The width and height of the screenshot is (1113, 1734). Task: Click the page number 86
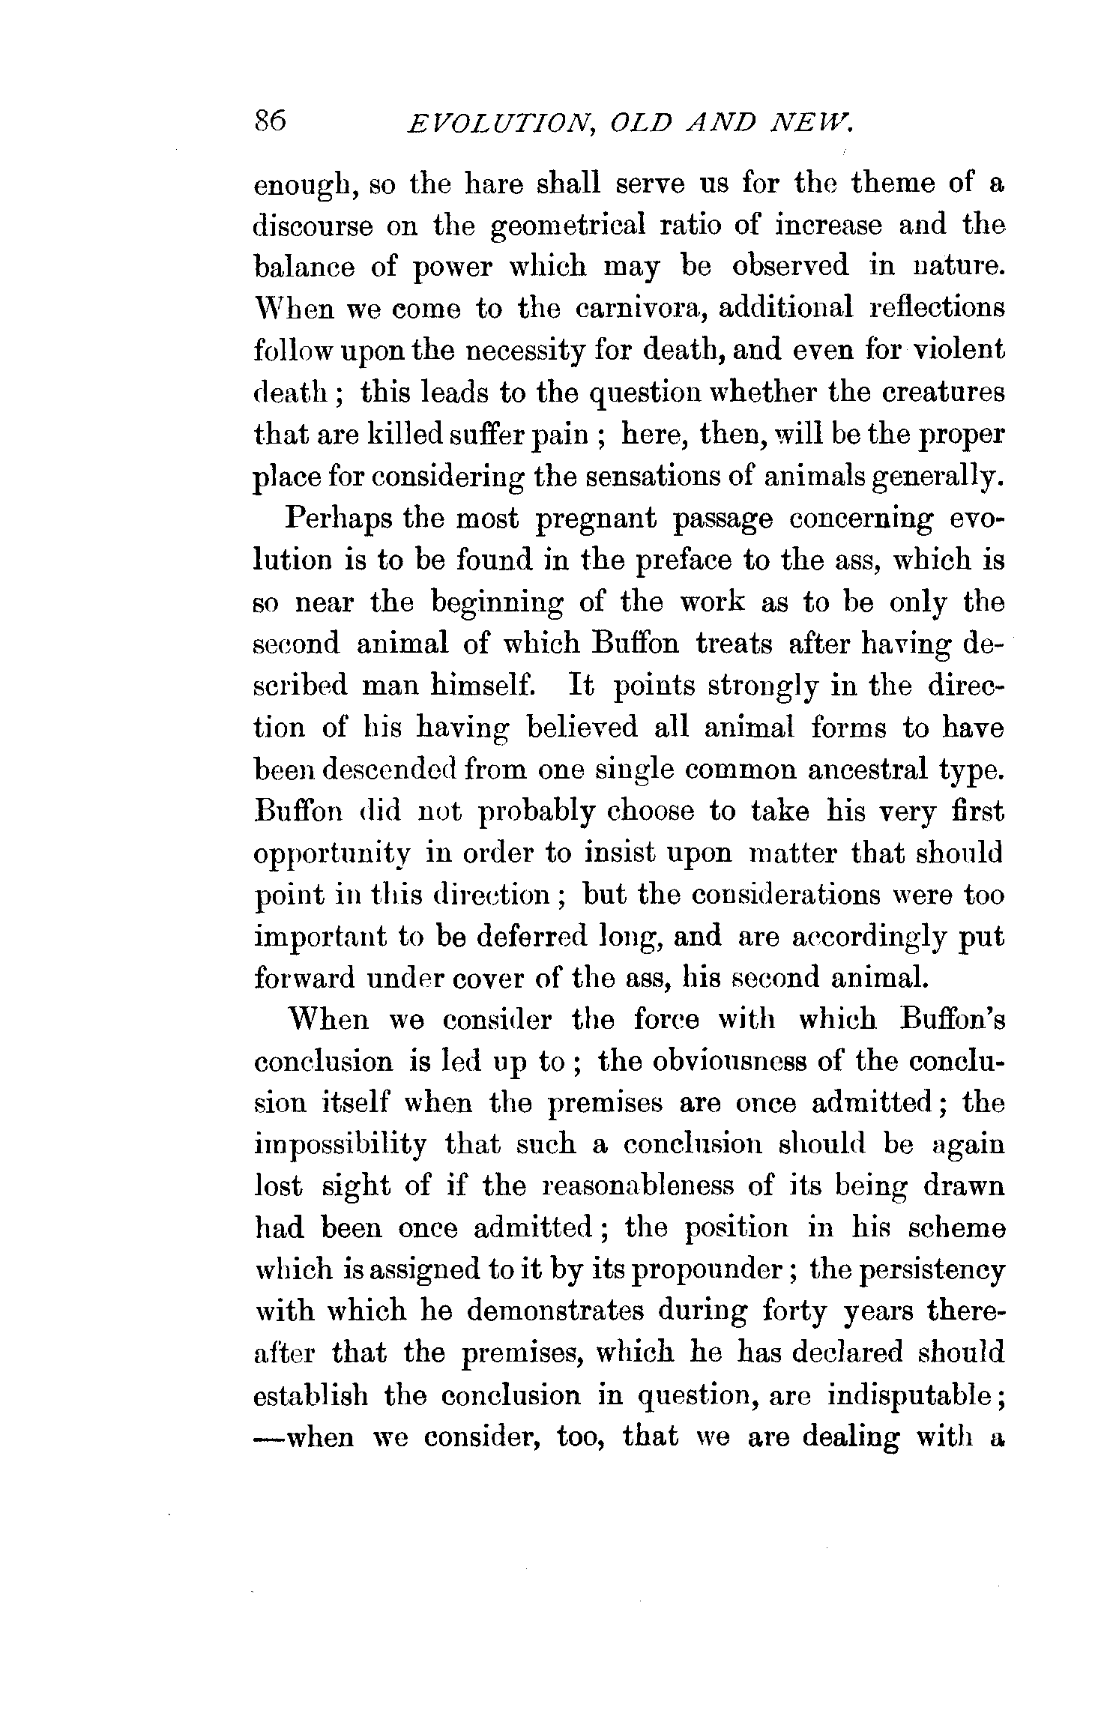271,120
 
